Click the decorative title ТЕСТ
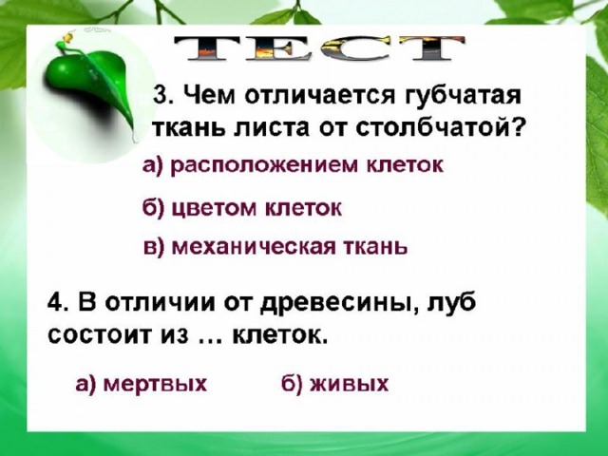pyautogui.click(x=319, y=48)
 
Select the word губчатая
pyautogui.click(x=463, y=96)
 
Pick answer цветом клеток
pyautogui.click(x=242, y=209)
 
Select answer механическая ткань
pyautogui.click(x=275, y=247)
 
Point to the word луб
pyautogui.click(x=451, y=302)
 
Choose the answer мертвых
pyautogui.click(x=142, y=384)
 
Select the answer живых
pyautogui.click(x=334, y=384)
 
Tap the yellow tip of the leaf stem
pyautogui.click(x=67, y=37)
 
